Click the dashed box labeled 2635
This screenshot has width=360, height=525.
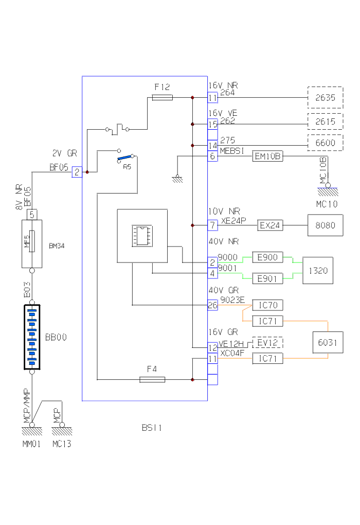coord(325,97)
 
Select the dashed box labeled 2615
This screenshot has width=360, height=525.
coord(325,122)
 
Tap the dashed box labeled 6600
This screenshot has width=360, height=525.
coord(325,142)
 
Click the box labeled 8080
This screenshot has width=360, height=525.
coord(325,225)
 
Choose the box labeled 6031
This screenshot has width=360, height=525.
coord(328,343)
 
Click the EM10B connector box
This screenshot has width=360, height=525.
coord(267,156)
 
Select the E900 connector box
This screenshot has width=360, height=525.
coord(268,257)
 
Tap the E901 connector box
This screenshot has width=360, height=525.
coord(268,278)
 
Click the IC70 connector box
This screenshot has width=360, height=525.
coord(268,305)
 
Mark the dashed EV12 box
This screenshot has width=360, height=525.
coord(268,343)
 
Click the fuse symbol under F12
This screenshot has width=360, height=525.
coord(163,97)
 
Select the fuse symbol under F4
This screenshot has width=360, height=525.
coord(153,380)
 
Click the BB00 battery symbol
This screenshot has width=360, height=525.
coord(32,338)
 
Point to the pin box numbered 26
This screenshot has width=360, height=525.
coord(212,305)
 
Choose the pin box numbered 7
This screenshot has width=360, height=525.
coord(212,225)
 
